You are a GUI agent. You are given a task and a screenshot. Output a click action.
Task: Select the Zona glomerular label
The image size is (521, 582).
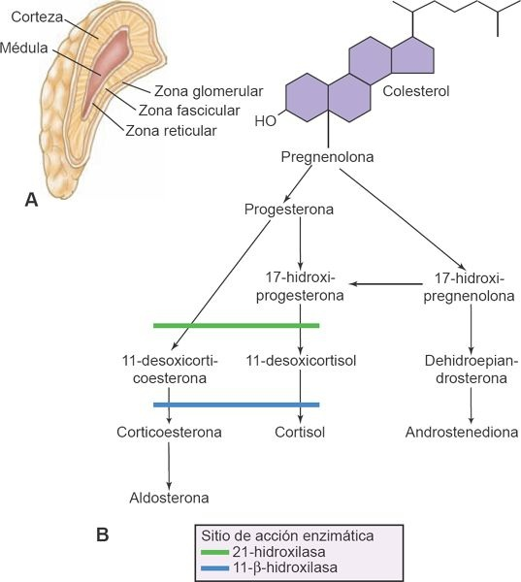tap(202, 91)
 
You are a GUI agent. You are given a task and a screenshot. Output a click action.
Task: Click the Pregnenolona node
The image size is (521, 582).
tap(328, 156)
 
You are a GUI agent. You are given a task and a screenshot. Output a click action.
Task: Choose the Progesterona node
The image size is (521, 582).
tap(290, 210)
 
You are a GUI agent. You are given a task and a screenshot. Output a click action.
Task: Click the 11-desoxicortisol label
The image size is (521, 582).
tap(302, 361)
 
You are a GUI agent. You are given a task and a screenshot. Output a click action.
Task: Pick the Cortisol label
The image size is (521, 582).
tap(302, 432)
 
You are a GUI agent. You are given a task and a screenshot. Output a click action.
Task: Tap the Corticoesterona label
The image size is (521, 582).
tap(170, 432)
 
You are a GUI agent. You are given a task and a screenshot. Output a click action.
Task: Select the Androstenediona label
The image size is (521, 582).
tap(462, 432)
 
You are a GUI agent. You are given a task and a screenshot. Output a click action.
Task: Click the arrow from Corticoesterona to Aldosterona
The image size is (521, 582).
tap(170, 465)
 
